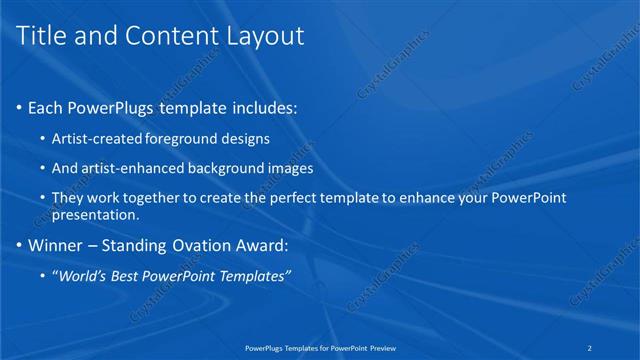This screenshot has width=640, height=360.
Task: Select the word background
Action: pos(227,168)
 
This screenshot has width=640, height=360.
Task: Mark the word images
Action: pos(291,168)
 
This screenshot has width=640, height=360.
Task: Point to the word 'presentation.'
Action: pos(95,215)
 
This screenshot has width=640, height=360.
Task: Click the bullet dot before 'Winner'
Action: pos(20,245)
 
